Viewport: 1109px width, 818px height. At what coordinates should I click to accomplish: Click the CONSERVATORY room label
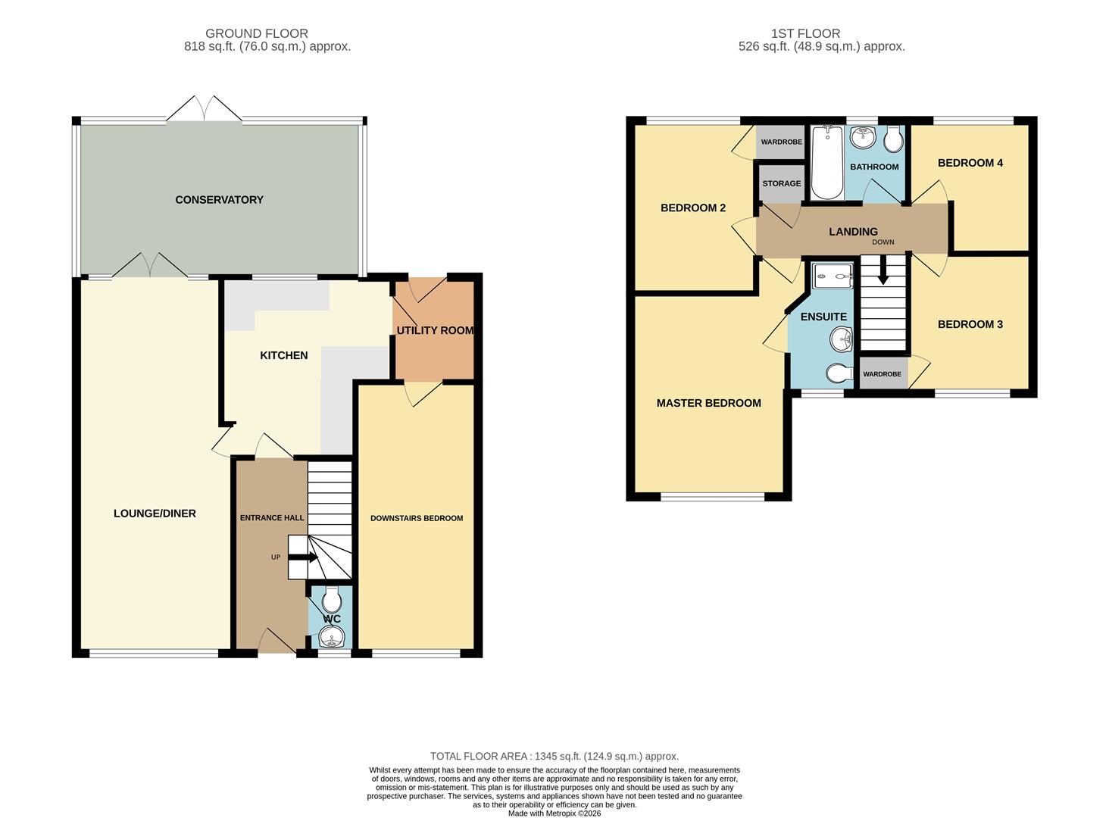pos(219,200)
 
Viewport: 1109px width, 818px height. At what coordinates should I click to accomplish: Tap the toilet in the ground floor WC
pos(331,601)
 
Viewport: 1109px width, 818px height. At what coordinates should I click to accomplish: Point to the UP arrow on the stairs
pos(302,557)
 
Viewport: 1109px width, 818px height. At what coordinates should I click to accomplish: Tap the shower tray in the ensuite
pos(833,276)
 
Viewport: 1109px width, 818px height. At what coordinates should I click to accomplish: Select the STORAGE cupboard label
pos(781,183)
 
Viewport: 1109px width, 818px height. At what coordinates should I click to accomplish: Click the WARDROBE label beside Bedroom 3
pos(882,374)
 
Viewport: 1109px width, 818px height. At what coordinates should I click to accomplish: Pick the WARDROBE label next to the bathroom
pos(781,142)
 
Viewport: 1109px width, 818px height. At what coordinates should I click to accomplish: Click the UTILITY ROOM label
pos(435,331)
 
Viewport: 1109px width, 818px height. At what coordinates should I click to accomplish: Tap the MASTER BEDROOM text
pos(708,403)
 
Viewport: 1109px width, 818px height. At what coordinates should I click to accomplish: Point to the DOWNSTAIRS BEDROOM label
pos(416,519)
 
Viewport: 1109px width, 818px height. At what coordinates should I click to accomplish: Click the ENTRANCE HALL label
pos(272,518)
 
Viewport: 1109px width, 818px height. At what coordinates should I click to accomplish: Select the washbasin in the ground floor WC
pos(331,641)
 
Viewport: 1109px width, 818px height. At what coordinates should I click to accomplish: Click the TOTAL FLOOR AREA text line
pos(554,756)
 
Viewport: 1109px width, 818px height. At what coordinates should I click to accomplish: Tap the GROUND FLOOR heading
pos(257,33)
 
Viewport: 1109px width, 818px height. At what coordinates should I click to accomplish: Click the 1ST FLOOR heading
pos(805,33)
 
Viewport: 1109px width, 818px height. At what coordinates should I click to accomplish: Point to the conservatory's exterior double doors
pos(204,110)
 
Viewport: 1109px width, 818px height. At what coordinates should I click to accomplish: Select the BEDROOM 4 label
pos(970,163)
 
